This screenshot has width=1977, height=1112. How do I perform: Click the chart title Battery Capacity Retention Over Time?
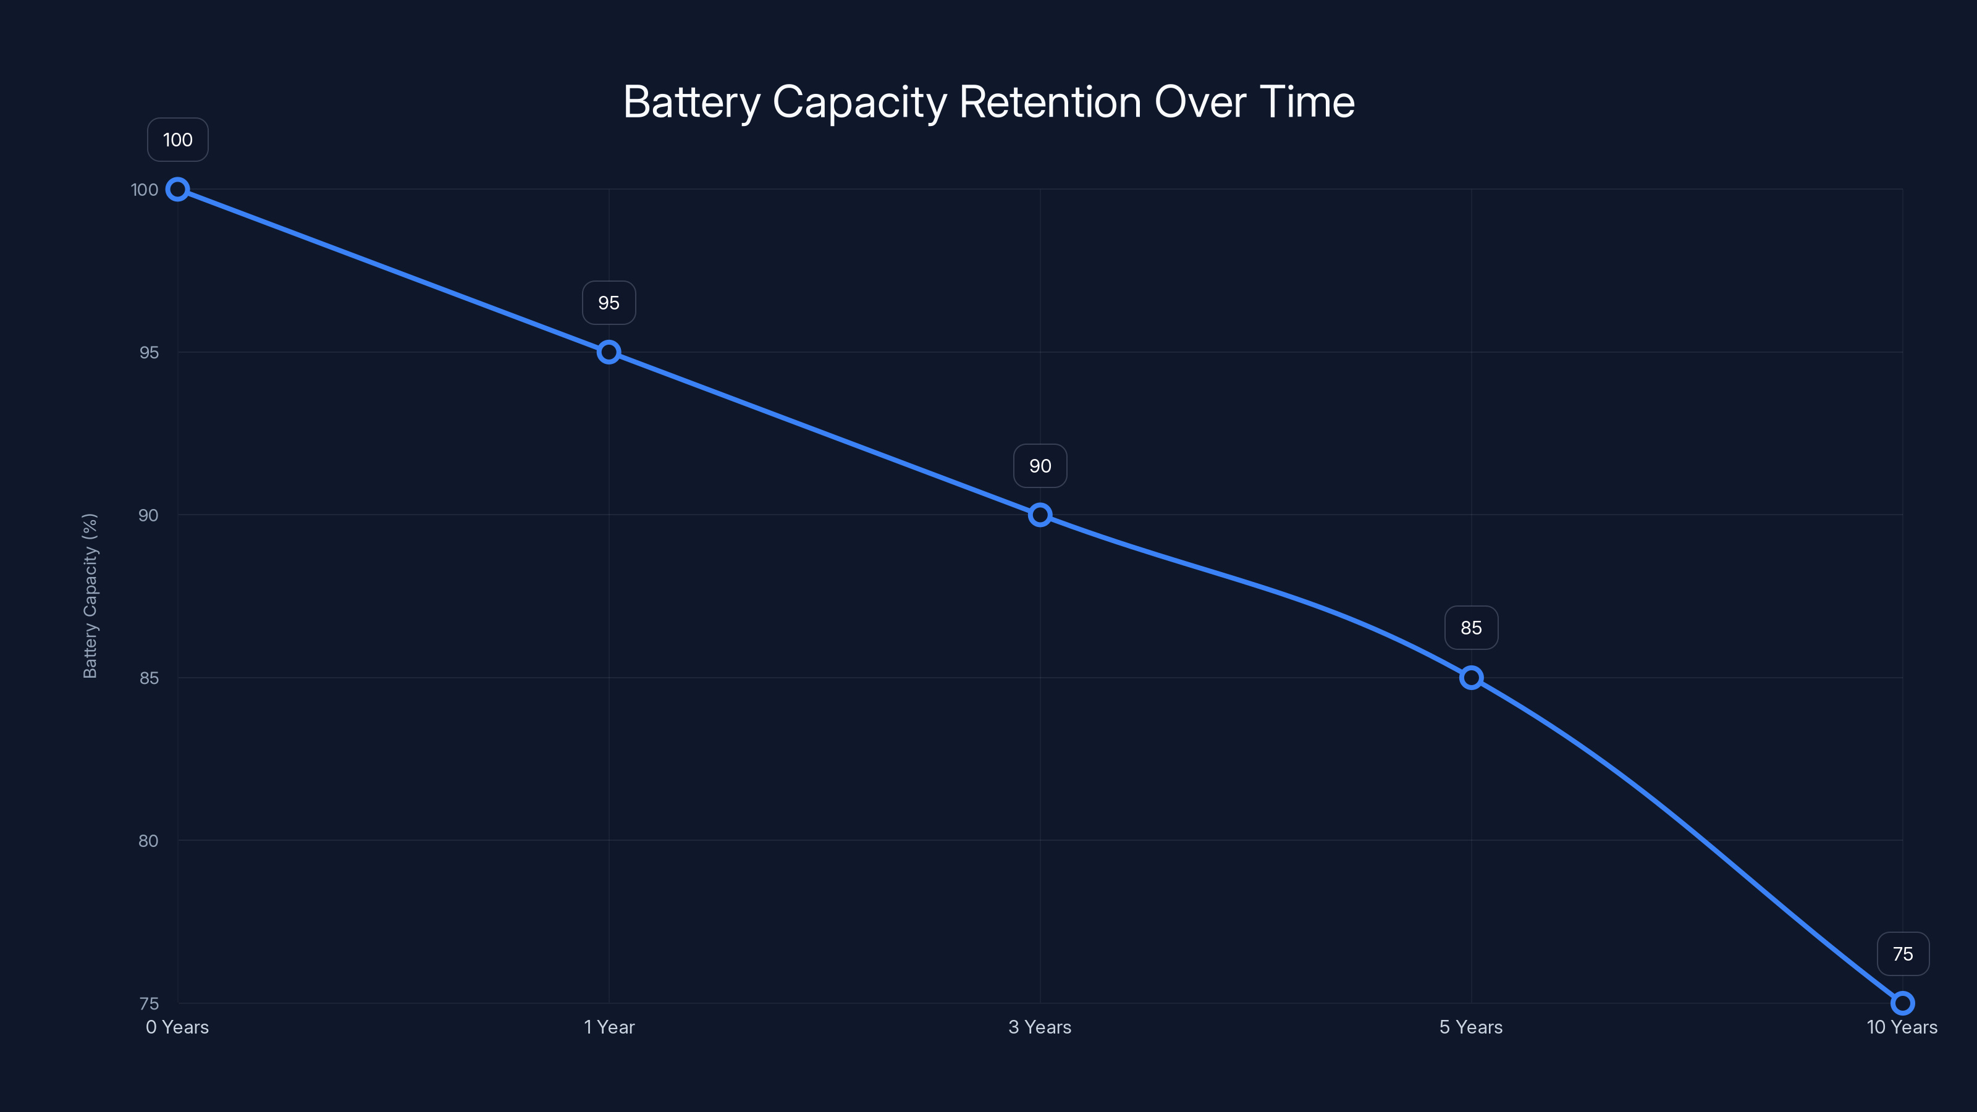coord(988,102)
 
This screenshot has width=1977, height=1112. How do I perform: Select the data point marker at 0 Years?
coord(177,190)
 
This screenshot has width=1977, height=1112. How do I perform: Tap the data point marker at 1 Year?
coord(609,352)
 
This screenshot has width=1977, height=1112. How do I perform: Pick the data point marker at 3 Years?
coord(1040,515)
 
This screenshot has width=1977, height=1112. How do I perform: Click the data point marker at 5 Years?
coord(1471,678)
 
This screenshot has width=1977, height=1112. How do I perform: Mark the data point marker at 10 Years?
coord(1903,1003)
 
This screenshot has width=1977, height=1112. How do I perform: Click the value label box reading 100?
coord(177,140)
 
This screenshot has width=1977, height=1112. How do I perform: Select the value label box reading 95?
coord(609,303)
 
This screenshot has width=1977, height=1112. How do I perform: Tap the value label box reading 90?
coord(1040,466)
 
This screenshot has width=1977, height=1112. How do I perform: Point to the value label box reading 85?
coord(1471,628)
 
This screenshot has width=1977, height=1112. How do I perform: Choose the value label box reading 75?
coord(1903,954)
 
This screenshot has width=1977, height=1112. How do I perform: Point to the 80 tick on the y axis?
coord(148,841)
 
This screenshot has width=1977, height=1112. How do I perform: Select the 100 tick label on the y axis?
coord(145,190)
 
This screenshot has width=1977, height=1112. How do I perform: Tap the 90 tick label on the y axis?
coord(148,515)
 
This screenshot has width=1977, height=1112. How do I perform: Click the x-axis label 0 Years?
coord(177,1027)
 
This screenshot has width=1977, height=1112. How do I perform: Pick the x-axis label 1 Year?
coord(609,1027)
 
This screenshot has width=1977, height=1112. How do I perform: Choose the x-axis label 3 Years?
coord(1040,1027)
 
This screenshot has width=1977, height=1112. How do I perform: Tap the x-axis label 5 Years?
coord(1471,1027)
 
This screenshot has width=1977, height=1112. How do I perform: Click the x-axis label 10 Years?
coord(1902,1027)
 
